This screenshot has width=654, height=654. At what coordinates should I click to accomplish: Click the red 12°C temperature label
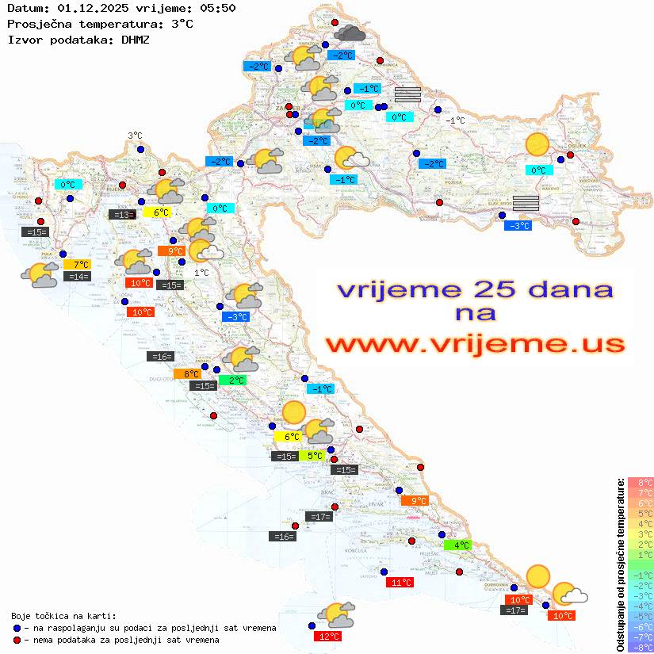[328, 636]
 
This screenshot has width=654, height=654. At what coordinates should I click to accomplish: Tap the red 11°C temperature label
[399, 583]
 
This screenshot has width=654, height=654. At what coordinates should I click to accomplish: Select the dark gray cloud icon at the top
[350, 33]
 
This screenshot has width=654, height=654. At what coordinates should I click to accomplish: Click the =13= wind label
[122, 214]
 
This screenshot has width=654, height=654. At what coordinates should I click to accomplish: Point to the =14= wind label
[78, 276]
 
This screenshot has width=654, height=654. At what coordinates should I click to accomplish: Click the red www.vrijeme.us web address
[475, 344]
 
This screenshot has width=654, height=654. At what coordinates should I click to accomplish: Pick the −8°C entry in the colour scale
[640, 647]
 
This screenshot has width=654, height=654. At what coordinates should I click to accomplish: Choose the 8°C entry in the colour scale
[640, 482]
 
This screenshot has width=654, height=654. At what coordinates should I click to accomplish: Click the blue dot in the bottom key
[17, 628]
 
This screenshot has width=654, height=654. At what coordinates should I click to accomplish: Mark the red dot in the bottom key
[17, 640]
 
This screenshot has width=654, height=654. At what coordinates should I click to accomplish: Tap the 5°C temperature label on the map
[315, 456]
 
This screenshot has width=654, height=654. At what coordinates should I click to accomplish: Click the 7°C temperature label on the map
[80, 264]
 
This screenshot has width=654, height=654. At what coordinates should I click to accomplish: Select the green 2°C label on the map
[236, 381]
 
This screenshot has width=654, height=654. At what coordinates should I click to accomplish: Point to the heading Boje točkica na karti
[63, 615]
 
